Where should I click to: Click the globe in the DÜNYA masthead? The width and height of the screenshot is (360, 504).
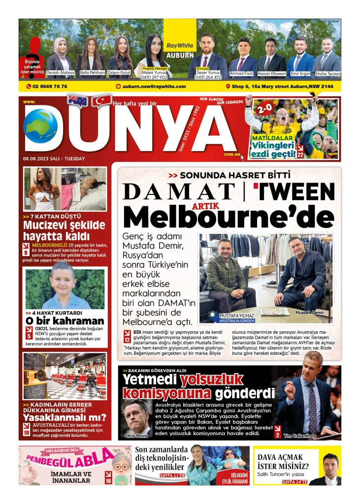click(40, 126)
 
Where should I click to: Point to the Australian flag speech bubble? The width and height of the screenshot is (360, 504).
click(78, 100)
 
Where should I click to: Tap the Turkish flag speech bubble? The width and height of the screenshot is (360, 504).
click(102, 100)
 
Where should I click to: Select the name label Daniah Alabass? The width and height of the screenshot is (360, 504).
click(60, 72)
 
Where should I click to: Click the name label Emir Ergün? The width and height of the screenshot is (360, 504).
click(300, 73)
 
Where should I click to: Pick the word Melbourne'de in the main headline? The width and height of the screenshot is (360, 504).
click(229, 215)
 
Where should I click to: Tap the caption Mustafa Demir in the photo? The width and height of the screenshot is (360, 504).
click(309, 313)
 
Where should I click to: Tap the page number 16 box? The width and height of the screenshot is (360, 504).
click(108, 478)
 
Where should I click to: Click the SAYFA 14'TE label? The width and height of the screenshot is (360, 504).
click(295, 481)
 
